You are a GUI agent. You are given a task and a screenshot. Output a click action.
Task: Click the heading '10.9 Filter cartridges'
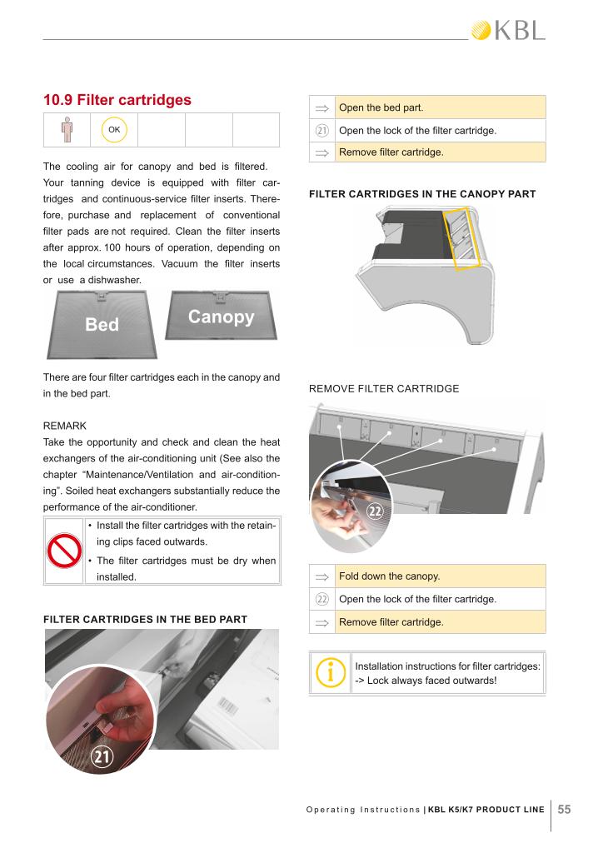pyautogui.click(x=117, y=100)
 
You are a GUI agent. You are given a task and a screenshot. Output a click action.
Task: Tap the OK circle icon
pyautogui.click(x=114, y=130)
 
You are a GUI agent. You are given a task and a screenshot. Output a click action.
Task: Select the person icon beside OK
pyautogui.click(x=67, y=130)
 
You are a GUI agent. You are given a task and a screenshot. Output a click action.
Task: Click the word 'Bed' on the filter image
pyautogui.click(x=102, y=324)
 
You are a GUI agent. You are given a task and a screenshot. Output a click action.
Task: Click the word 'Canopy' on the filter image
pyautogui.click(x=221, y=317)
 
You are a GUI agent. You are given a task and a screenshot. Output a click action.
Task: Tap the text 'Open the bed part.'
pyautogui.click(x=381, y=107)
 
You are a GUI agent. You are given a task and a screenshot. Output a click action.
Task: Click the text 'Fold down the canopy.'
pyautogui.click(x=389, y=576)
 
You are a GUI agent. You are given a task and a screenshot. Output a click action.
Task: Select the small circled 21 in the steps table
pyautogui.click(x=321, y=130)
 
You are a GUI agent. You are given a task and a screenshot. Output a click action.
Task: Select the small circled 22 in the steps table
pyautogui.click(x=321, y=600)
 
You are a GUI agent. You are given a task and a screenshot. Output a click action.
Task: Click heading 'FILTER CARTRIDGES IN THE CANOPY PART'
pyautogui.click(x=422, y=194)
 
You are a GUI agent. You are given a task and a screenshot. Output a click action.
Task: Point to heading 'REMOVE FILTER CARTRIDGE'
pyautogui.click(x=384, y=388)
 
